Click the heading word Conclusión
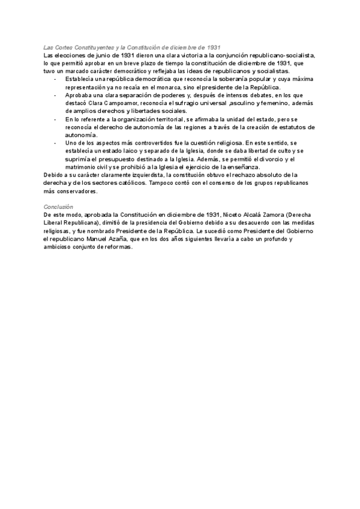(58, 206)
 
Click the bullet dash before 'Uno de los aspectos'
(55, 143)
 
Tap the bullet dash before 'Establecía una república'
(55, 79)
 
